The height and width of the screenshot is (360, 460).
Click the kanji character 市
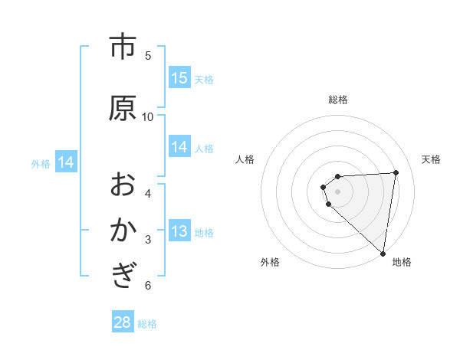coord(123,47)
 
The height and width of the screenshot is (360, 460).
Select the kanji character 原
coord(123,108)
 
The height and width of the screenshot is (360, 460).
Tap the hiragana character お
coord(123,184)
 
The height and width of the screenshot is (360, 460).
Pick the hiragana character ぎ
coord(123,275)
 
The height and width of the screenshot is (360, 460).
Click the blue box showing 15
coord(179,78)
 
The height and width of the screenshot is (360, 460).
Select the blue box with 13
coord(179,232)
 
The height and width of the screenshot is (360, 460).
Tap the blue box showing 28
coord(123,322)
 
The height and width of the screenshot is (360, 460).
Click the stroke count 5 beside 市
coord(148,56)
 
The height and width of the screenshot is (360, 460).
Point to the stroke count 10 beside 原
coord(148,116)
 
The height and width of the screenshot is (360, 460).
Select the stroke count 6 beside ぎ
coord(148,286)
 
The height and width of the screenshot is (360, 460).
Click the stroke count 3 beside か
coord(148,240)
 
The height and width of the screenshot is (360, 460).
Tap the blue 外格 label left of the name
coord(41,163)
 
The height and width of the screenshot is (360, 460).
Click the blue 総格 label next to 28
coord(147,324)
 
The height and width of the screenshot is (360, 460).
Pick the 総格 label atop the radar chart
coord(337,100)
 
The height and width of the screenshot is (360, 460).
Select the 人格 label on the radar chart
coord(245,159)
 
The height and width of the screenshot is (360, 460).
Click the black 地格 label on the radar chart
coord(401,262)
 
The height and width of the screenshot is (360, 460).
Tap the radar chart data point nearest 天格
coord(396,172)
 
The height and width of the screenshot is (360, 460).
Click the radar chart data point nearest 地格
coord(383,253)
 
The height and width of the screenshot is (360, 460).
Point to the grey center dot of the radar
coord(337,191)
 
